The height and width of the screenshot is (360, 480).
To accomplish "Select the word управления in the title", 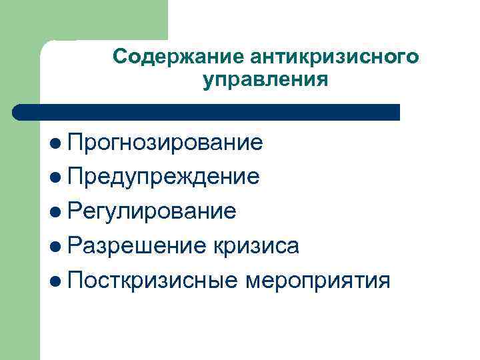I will coord(265,81).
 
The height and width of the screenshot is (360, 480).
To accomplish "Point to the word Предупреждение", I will coord(163,177).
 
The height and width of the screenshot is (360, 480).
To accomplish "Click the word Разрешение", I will coord(137,246).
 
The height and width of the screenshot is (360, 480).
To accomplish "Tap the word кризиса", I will coord(257,246).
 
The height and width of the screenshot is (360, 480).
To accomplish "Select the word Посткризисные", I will coord(153,281).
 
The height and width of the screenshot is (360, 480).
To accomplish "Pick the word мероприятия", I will coord(318,281).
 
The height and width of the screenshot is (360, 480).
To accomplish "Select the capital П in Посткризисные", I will coord(73,281).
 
